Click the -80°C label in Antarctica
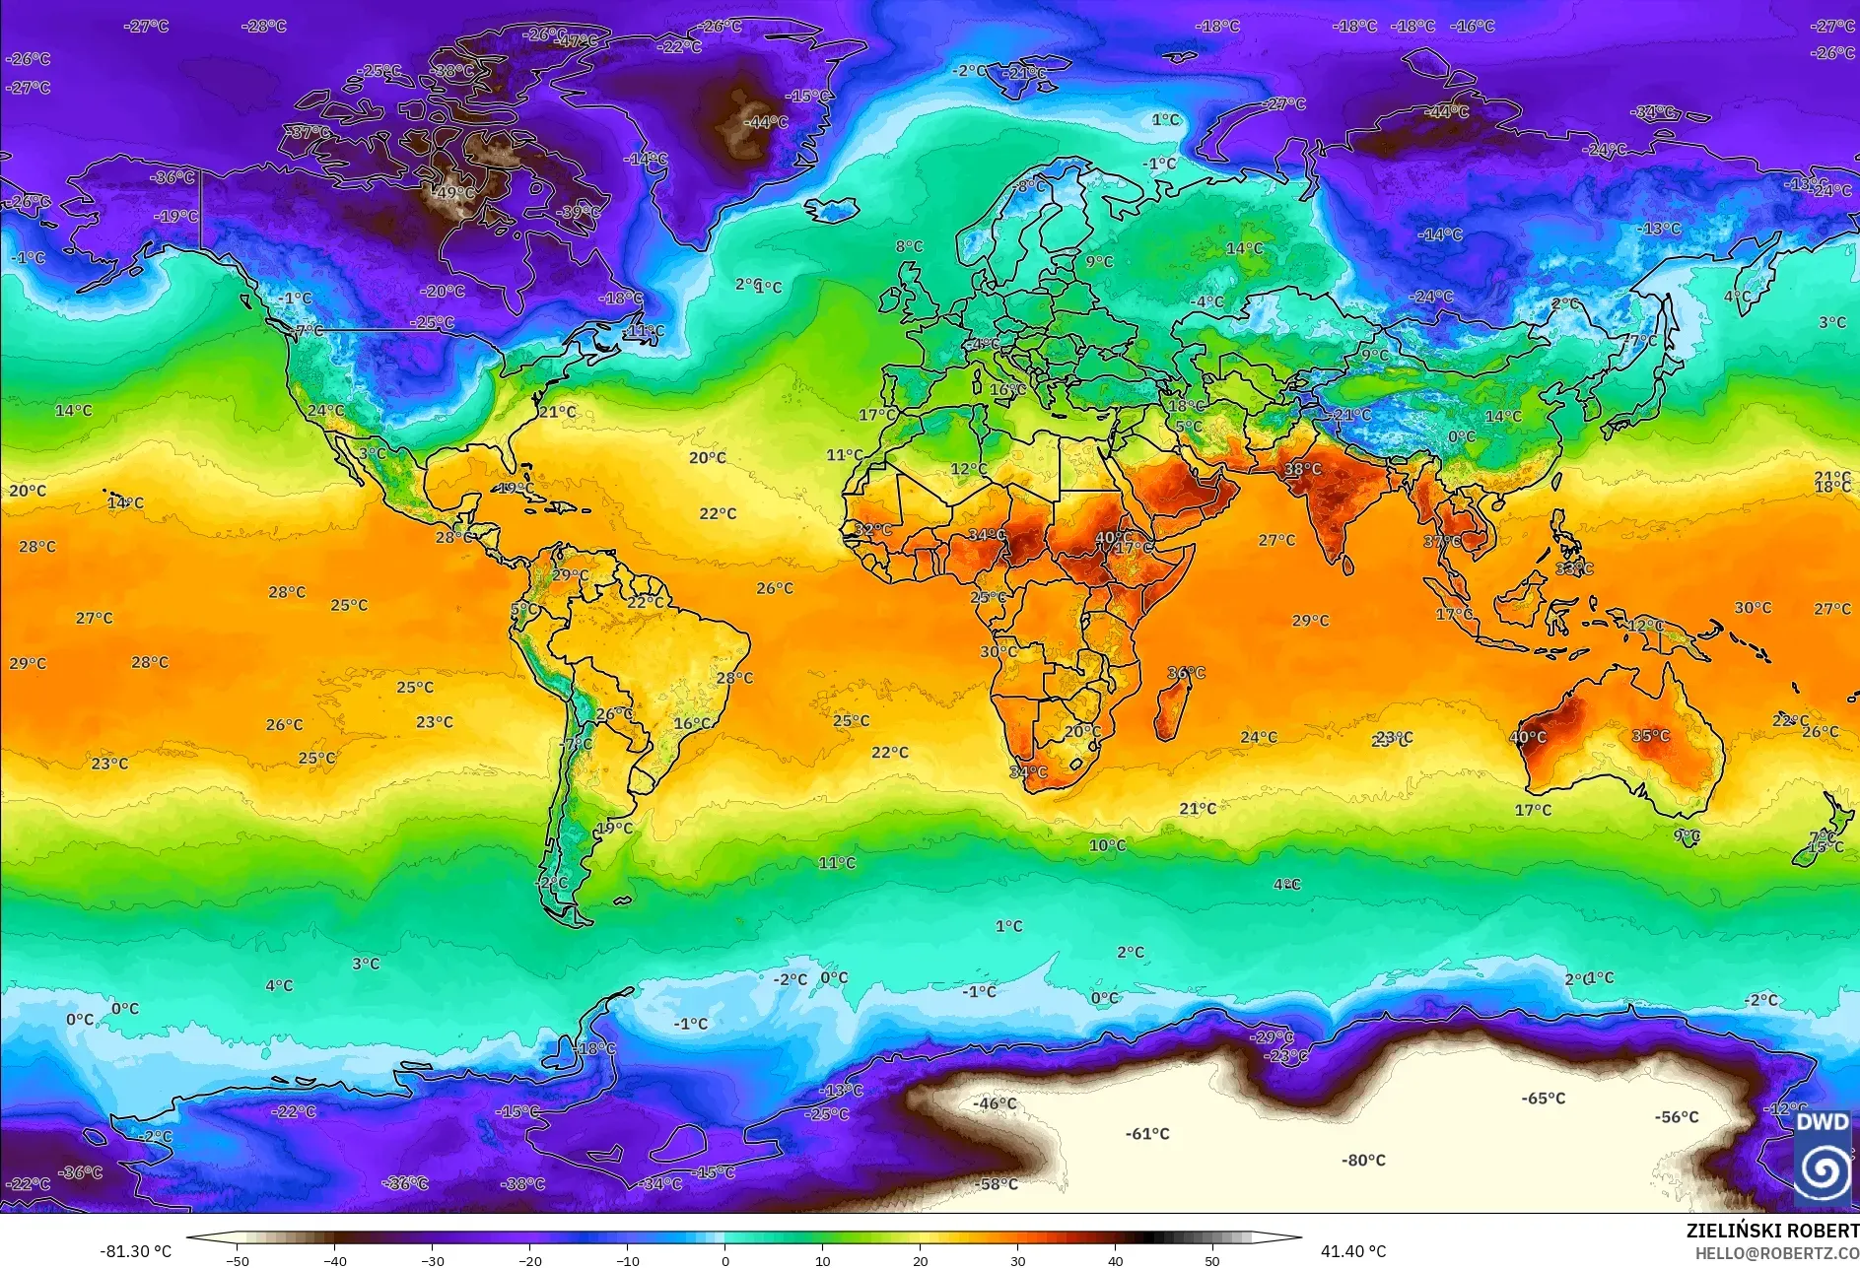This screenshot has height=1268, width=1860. tap(1363, 1161)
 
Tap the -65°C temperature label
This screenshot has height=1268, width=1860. tap(1543, 1099)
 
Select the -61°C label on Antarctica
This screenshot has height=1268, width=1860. tap(1147, 1134)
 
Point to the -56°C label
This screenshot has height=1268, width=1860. tap(1677, 1117)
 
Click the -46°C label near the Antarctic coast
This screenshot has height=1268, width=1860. tap(994, 1103)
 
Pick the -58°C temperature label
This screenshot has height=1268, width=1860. tap(996, 1184)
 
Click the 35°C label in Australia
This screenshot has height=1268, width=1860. tap(1650, 736)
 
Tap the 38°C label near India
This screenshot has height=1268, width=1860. tap(1302, 469)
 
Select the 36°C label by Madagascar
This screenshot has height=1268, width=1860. tap(1186, 673)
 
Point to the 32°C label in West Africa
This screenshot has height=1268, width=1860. tap(872, 530)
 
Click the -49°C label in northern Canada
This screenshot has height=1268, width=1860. tap(454, 192)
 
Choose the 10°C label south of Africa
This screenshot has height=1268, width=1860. tap(1107, 845)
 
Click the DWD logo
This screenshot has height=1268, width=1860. tap(1822, 1155)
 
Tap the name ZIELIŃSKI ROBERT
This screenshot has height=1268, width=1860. tap(1772, 1231)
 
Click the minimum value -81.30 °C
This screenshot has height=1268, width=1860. tap(135, 1251)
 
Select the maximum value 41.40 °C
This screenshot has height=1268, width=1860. tap(1352, 1251)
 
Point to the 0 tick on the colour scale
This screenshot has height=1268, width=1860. tap(725, 1260)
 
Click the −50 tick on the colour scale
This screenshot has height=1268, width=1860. tap(238, 1260)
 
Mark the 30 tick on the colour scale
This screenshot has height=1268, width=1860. tap(1017, 1260)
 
